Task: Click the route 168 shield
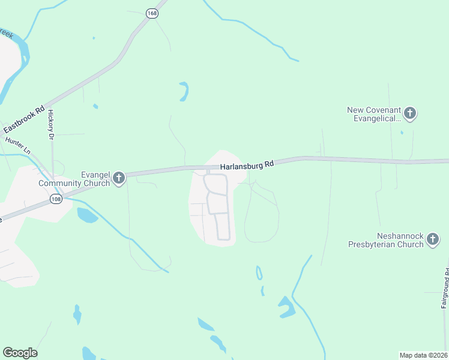point(152,13)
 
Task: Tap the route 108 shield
point(56,199)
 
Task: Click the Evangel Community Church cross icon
point(119,178)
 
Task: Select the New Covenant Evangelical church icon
point(410,112)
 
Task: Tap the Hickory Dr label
point(51,125)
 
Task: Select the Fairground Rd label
point(445,288)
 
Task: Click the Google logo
point(20,353)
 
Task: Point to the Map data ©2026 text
point(424,355)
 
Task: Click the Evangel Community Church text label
point(77,179)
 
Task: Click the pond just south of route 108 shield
point(87,215)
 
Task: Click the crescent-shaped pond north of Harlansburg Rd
point(184,91)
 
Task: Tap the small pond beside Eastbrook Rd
point(95,107)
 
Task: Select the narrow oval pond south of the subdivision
point(259,273)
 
